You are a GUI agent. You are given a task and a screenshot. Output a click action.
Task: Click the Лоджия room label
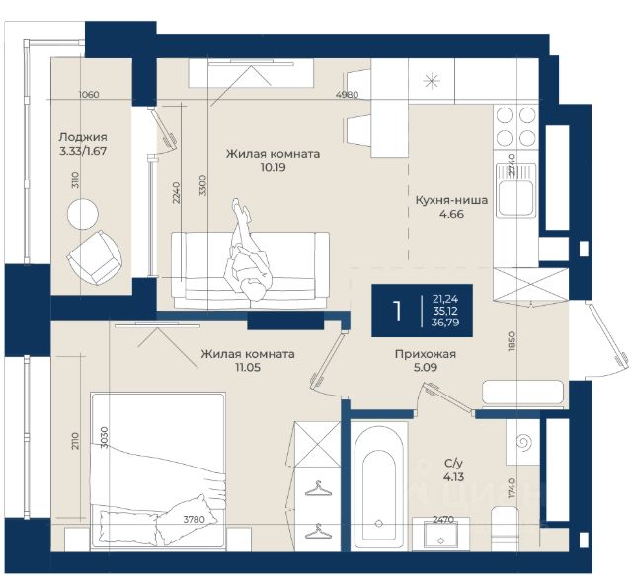(x=83, y=137)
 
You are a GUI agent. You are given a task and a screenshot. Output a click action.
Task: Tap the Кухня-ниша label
(x=451, y=200)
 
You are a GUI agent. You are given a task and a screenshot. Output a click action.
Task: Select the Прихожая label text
(x=426, y=354)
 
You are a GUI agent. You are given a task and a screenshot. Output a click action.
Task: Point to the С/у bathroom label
(x=453, y=464)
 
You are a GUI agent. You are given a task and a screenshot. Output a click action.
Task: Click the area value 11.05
(x=248, y=367)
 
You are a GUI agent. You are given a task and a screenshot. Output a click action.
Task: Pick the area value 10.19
(x=273, y=167)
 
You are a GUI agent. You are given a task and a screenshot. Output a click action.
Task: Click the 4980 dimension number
(x=347, y=95)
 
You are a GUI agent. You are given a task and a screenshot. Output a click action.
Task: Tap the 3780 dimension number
(x=194, y=520)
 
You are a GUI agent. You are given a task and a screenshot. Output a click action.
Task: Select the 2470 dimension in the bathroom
(x=443, y=519)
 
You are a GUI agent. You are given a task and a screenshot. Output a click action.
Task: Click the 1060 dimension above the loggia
(x=89, y=95)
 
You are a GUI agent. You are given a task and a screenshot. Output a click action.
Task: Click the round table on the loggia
(x=83, y=214)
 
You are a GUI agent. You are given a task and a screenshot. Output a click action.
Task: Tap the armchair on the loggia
(x=95, y=257)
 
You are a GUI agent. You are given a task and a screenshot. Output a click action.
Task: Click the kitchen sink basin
(x=514, y=199)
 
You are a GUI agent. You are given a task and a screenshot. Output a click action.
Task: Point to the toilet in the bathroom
(x=505, y=529)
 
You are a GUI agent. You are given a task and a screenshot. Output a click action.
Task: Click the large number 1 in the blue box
(x=397, y=311)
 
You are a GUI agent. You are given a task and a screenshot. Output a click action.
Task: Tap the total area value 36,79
(x=446, y=323)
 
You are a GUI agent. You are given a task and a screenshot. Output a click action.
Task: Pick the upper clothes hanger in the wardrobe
(x=318, y=488)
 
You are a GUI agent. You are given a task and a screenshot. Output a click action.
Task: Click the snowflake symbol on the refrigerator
(x=432, y=81)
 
